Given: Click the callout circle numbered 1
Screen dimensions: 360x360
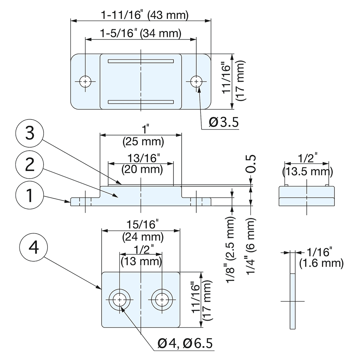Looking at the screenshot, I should pyautogui.click(x=30, y=197).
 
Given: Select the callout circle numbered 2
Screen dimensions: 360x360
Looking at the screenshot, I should pyautogui.click(x=30, y=166).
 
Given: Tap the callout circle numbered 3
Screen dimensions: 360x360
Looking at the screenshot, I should pyautogui.click(x=30, y=135).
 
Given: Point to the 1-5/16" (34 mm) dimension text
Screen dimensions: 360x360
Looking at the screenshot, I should pyautogui.click(x=140, y=34).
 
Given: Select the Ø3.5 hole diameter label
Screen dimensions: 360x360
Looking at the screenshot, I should pyautogui.click(x=224, y=123).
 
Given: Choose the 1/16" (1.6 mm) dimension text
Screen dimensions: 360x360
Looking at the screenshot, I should pyautogui.click(x=321, y=258).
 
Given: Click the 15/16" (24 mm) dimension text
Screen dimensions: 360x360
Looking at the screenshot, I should pyautogui.click(x=141, y=231).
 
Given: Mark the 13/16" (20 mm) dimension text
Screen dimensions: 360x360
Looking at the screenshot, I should pyautogui.click(x=141, y=163).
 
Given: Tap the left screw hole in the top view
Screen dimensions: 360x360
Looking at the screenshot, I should pyautogui.click(x=85, y=82).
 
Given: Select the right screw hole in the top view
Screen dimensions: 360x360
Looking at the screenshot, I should pyautogui.click(x=196, y=82).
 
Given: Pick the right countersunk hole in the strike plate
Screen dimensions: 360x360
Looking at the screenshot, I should pyautogui.click(x=162, y=300).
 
